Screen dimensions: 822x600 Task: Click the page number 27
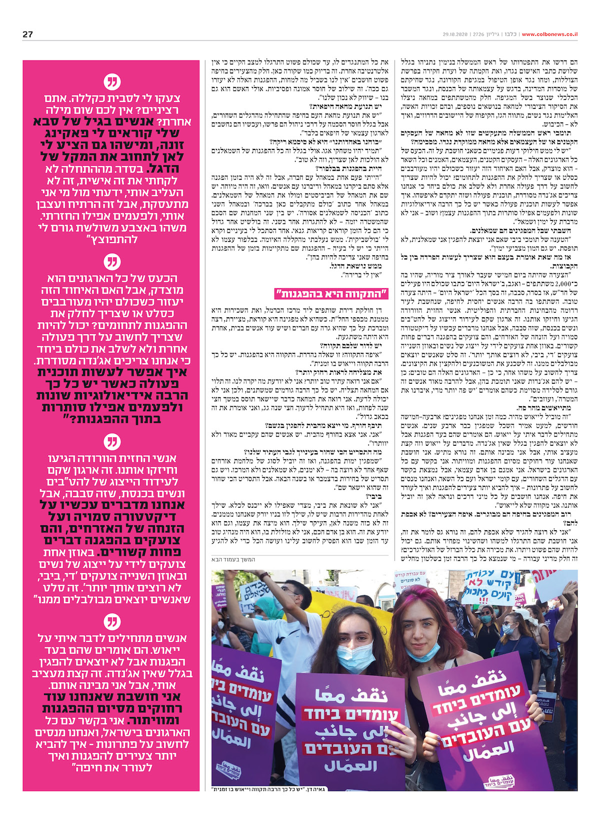27,34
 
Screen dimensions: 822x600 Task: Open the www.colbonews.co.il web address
549,34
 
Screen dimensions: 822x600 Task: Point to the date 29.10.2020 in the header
454,34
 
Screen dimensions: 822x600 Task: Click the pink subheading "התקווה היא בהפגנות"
331,293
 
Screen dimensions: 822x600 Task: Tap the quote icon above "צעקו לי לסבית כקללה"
112,82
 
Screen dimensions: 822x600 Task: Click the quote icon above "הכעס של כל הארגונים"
112,262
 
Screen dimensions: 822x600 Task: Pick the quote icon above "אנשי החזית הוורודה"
112,442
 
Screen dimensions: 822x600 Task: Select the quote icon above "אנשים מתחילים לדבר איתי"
112,622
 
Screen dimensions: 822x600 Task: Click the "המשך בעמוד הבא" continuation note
237,560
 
